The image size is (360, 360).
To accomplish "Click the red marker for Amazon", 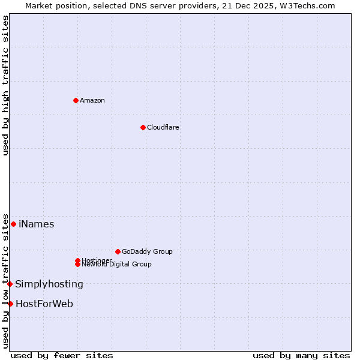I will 76,100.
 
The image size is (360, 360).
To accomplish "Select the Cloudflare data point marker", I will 143,127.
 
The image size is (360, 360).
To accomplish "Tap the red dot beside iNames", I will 13,224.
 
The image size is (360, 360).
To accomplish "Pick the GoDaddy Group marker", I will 118,251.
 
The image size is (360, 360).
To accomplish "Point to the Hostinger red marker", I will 77,260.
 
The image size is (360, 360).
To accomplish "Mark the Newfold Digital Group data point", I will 77,264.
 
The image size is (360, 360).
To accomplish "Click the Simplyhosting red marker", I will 10,284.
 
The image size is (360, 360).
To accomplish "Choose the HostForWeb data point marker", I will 10,304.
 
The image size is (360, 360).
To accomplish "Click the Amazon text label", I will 92,100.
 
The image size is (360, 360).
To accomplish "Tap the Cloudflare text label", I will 163,127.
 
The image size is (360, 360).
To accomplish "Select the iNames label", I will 37,224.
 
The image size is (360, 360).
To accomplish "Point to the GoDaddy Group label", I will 147,251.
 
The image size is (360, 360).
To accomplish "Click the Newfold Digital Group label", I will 117,265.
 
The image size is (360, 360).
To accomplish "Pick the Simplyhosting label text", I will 49,284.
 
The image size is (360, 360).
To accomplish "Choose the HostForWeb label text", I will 44,304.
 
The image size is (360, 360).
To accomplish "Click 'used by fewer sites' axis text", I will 62,356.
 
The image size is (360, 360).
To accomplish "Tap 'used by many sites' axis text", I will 301,356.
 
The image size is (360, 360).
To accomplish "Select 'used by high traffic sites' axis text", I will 5,85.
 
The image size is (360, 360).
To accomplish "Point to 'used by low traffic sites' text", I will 5,281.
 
